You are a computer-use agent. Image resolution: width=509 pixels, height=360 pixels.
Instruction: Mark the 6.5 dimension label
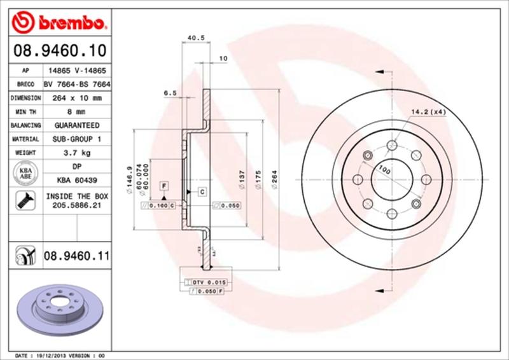[169, 93]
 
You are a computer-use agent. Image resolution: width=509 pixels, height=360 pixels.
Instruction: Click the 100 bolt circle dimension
[384, 169]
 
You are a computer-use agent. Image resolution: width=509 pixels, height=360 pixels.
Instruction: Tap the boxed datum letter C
[202, 191]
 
